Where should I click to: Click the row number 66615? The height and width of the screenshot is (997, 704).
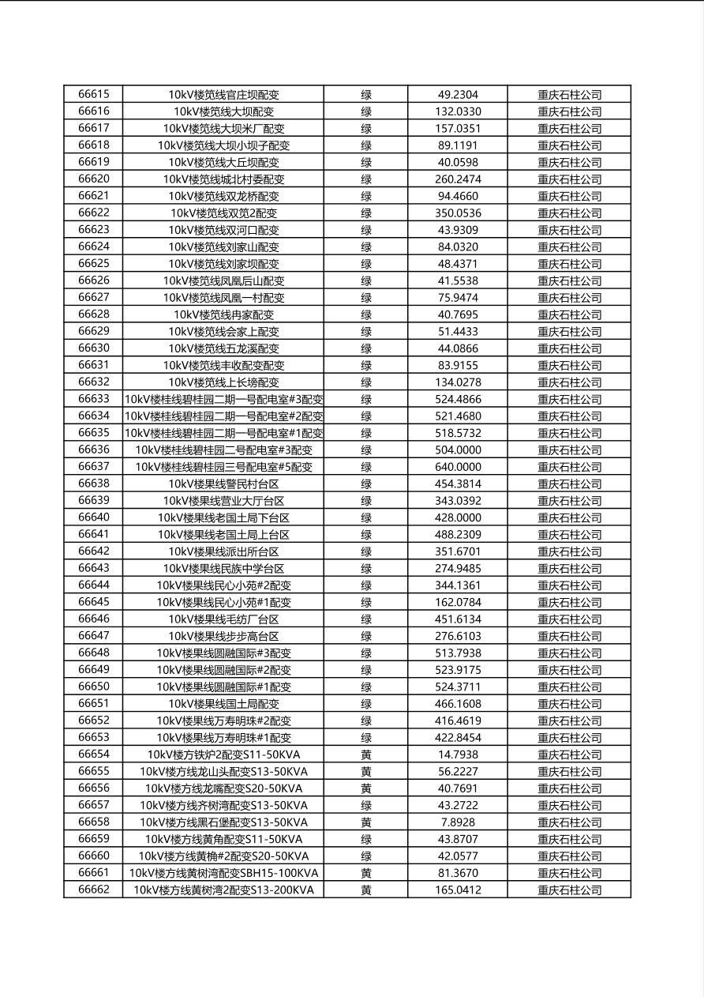point(94,94)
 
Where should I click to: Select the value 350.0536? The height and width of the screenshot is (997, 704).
point(458,213)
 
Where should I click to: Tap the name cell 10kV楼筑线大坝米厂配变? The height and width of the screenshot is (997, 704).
point(223,128)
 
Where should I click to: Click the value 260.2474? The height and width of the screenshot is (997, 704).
point(458,179)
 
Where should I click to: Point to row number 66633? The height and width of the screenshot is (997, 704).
point(94,399)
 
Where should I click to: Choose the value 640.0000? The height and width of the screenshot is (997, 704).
point(458,467)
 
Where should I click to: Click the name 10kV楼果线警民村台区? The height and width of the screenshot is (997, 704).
point(223,483)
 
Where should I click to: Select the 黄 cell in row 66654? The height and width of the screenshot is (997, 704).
point(366,754)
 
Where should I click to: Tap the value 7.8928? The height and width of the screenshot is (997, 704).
point(458,822)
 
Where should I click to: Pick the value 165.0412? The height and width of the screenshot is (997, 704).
point(458,890)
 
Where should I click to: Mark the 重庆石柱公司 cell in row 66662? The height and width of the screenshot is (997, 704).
point(569,890)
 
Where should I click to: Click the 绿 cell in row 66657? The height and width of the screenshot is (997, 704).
point(366,805)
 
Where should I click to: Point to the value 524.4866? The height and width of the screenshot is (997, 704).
point(458,399)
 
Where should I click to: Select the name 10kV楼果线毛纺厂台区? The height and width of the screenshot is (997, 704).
point(223,619)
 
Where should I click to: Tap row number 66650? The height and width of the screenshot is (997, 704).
point(94,687)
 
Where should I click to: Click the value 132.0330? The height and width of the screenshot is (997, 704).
point(458,111)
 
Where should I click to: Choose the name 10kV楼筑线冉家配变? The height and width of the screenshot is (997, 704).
point(223,314)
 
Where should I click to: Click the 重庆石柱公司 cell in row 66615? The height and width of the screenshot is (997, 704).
point(569,94)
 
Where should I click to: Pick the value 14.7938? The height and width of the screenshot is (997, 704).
point(458,754)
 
